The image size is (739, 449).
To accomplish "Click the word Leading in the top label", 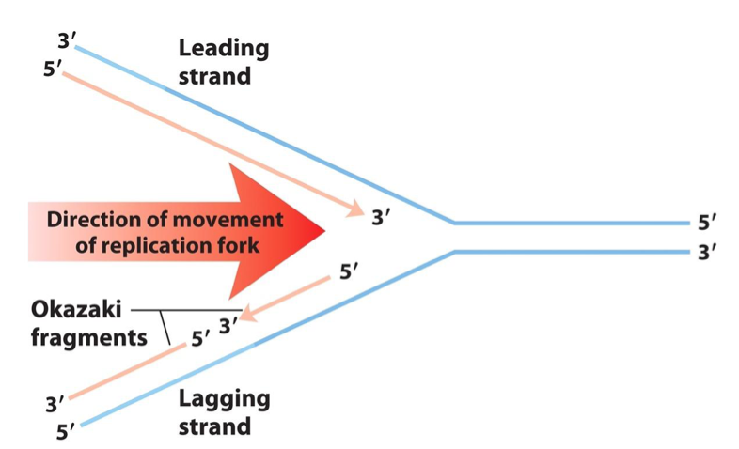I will pos(223,49).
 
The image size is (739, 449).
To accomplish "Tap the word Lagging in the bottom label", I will pos(224,399).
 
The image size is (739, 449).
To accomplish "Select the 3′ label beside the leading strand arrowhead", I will pos(380,219).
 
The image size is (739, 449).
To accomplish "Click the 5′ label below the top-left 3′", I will pos(53,69).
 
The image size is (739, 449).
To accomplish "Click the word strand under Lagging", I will pos(215,426).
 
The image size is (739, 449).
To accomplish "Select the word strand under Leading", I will pos(214,76).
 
